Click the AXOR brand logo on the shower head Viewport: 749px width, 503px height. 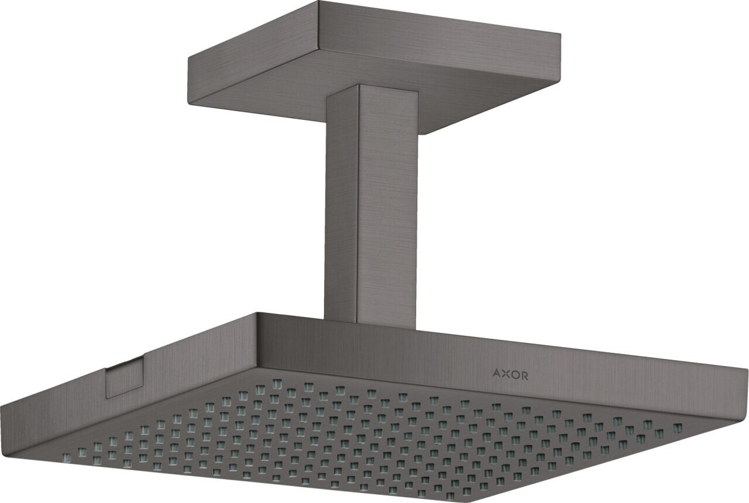tap(510, 375)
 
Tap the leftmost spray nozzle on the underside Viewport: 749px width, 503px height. tap(66, 456)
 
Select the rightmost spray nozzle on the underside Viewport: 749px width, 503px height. tap(678, 427)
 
